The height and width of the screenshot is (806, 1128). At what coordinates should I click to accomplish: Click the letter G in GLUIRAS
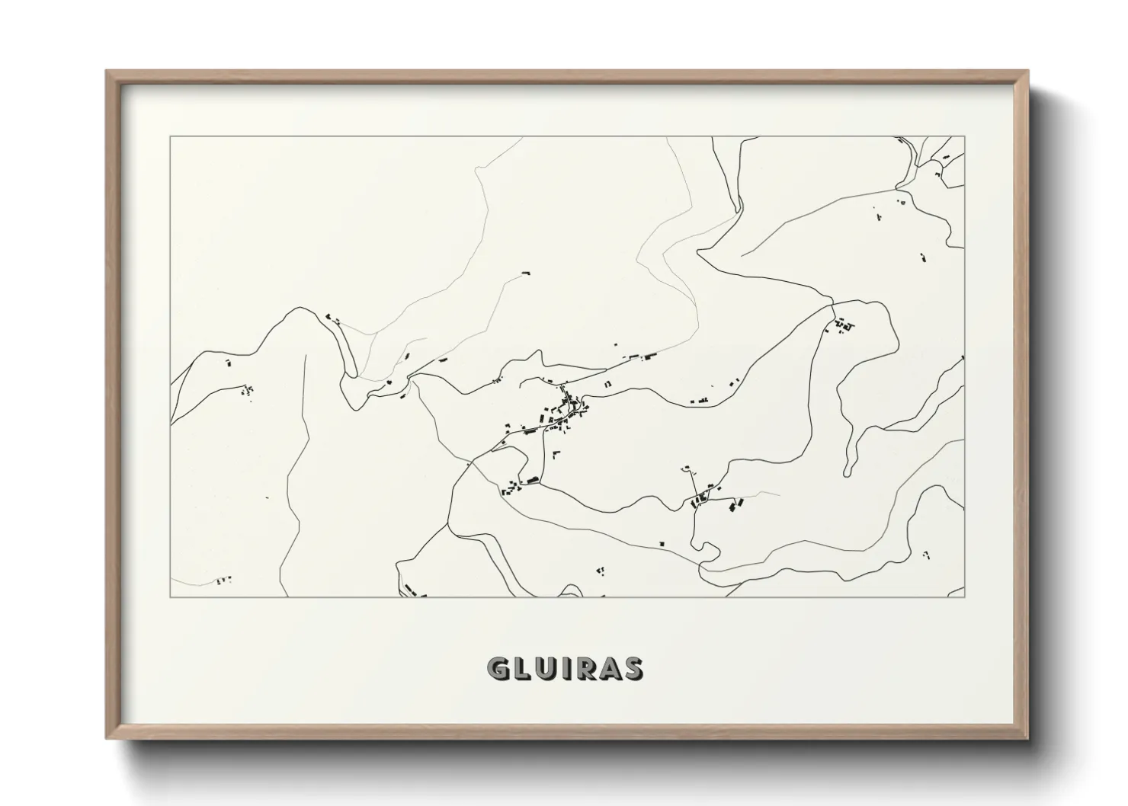pos(499,668)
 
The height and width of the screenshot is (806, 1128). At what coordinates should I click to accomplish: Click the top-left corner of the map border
pos(171,137)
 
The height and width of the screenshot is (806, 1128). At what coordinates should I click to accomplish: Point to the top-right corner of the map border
pos(964,137)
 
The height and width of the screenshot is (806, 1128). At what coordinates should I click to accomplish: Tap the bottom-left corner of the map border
pos(171,597)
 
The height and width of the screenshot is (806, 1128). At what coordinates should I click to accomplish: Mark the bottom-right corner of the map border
pos(964,597)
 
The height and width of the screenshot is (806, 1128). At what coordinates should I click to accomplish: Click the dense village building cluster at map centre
pos(566,411)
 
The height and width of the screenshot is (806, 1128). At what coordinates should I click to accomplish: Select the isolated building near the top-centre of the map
pos(525,272)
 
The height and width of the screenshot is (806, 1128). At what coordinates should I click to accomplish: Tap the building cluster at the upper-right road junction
pos(841,326)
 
